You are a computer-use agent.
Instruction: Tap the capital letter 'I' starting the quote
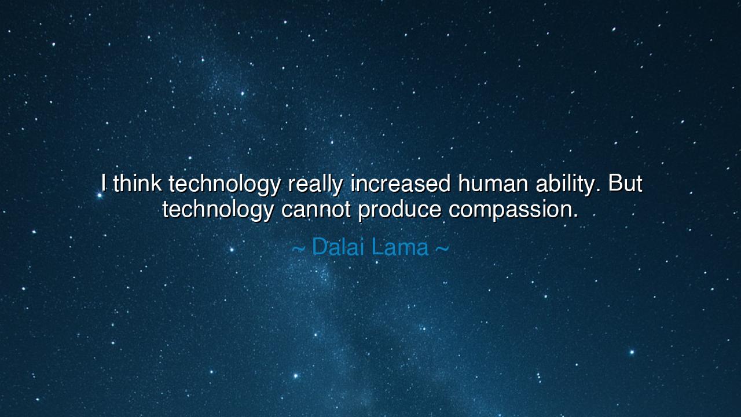coord(104,184)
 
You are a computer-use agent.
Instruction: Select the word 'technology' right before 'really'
coord(224,185)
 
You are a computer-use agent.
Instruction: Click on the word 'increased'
coord(401,184)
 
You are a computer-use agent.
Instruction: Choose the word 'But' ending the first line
coord(625,184)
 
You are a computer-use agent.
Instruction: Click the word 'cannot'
coord(316,209)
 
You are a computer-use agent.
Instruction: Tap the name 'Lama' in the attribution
coord(400,247)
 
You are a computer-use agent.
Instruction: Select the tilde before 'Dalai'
coord(298,249)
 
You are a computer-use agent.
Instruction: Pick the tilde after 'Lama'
coord(442,249)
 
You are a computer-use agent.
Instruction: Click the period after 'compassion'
coord(575,217)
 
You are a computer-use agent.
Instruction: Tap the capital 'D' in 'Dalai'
coord(320,247)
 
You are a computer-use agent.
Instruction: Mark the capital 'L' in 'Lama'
coord(377,247)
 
